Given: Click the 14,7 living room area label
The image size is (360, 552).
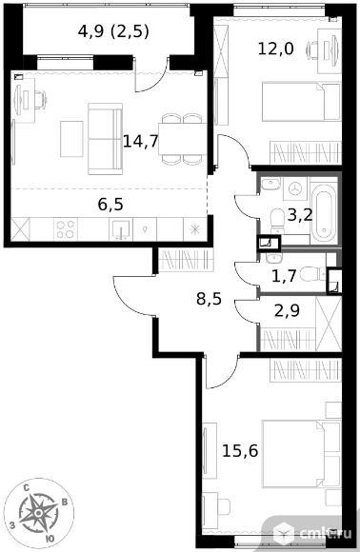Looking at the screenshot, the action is pyautogui.click(x=141, y=142).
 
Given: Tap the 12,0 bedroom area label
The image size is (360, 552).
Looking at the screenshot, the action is pyautogui.click(x=276, y=49).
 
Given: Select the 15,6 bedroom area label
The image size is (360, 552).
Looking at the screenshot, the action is pyautogui.click(x=240, y=450).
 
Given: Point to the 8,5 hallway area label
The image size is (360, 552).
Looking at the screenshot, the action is pyautogui.click(x=209, y=299).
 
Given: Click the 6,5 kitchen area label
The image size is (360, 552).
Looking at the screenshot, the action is pyautogui.click(x=110, y=205).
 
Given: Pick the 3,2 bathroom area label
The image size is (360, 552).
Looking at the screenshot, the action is pyautogui.click(x=300, y=215).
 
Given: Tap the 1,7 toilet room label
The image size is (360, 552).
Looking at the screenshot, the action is pyautogui.click(x=284, y=276).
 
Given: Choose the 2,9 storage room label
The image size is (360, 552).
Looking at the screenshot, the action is pyautogui.click(x=287, y=311).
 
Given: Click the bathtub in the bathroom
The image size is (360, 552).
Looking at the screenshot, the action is pyautogui.click(x=324, y=212).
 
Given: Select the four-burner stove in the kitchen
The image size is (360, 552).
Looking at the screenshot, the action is pyautogui.click(x=66, y=229).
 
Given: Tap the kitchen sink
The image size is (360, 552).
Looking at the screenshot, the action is pyautogui.click(x=120, y=229).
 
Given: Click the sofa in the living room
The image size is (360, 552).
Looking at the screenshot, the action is pyautogui.click(x=105, y=139).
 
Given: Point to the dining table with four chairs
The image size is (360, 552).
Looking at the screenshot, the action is pyautogui.click(x=183, y=139).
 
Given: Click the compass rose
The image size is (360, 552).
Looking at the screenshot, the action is pyautogui.click(x=38, y=514).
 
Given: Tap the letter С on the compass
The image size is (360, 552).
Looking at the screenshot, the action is pyautogui.click(x=26, y=488).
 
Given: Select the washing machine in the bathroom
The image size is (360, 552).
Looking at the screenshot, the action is pyautogui.click(x=296, y=188).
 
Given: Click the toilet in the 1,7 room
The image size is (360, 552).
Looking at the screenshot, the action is pyautogui.click(x=312, y=274).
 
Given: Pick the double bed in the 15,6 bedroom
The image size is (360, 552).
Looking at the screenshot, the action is pyautogui.click(x=302, y=455).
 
